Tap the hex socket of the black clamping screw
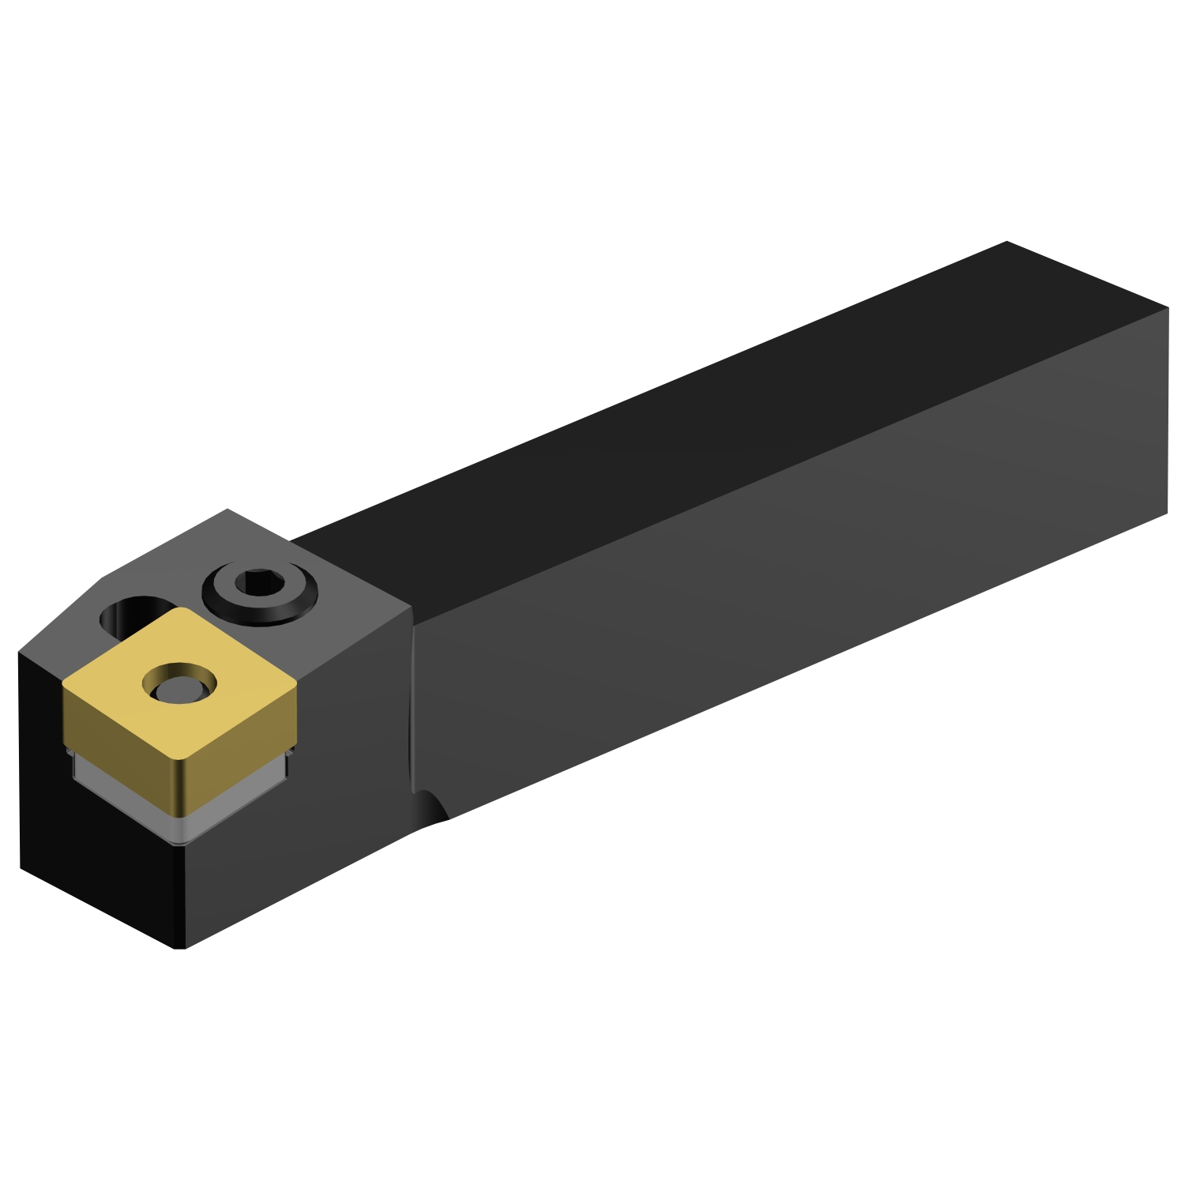tap(260, 584)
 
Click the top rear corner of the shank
tap(1006, 243)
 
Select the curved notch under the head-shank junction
tap(431, 807)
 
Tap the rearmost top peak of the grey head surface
tap(228, 510)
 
